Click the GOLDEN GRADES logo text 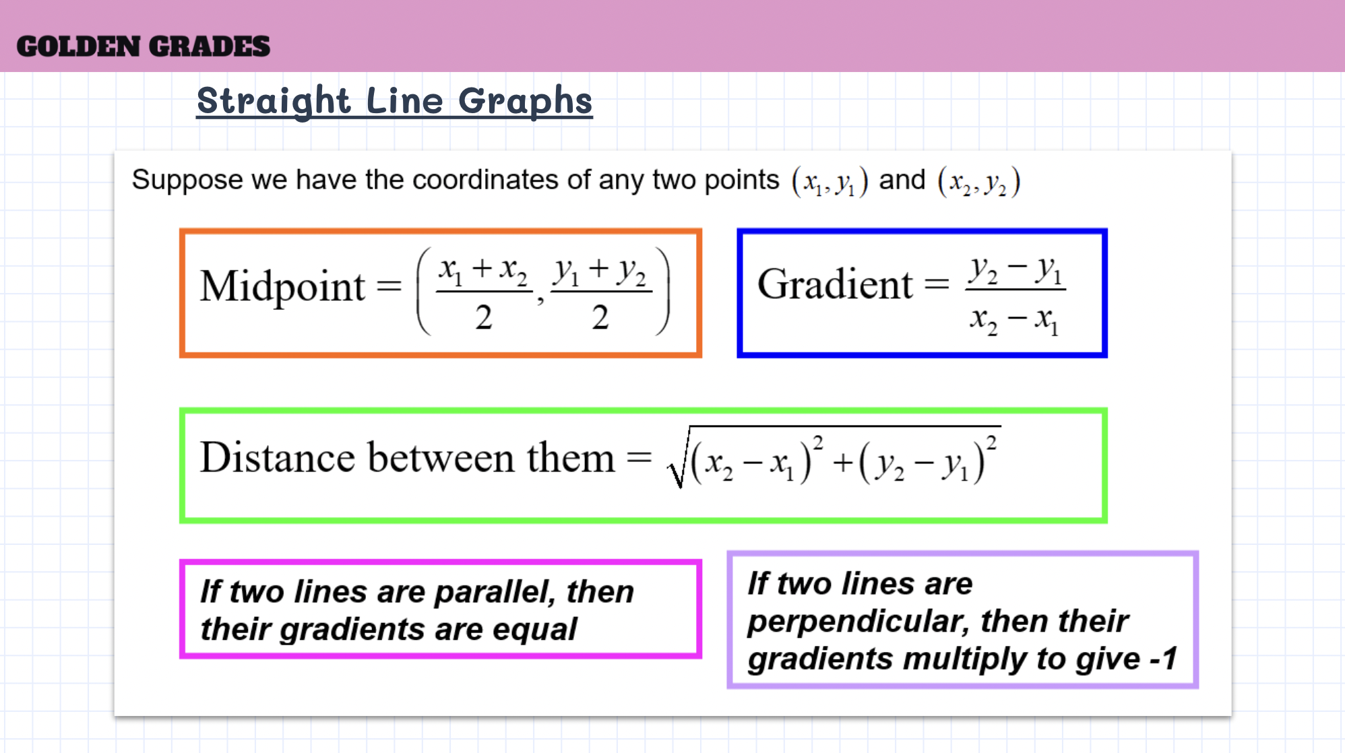tap(143, 46)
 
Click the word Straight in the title tap(274, 102)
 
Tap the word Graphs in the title tap(525, 102)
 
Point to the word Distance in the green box tap(278, 457)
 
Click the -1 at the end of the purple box tap(1164, 658)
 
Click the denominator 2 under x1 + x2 tap(483, 317)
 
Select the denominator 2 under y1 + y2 tap(600, 317)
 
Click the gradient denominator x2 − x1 tap(1014, 320)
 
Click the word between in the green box tap(441, 457)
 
